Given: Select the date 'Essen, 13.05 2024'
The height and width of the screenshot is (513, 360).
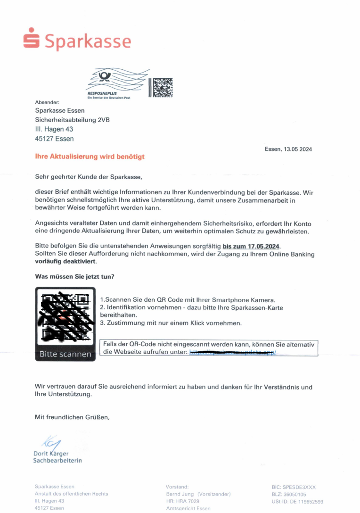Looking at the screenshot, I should (x=288, y=149).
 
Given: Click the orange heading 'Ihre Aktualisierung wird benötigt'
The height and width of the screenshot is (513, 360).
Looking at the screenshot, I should (x=90, y=157).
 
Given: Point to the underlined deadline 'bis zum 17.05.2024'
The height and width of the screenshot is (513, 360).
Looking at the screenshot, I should (x=251, y=246).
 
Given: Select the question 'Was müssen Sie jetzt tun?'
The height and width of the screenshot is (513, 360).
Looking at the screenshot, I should (x=74, y=277).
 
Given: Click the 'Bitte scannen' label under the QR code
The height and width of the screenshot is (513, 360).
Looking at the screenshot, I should (x=65, y=354).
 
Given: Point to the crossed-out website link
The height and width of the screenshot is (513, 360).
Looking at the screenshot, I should (x=232, y=352).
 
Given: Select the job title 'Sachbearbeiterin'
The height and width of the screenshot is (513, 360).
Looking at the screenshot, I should (x=57, y=461).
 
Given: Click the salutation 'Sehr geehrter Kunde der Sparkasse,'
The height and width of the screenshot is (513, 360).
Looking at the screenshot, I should (x=89, y=177).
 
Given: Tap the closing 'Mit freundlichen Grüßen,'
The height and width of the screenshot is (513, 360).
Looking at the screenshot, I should (x=72, y=417).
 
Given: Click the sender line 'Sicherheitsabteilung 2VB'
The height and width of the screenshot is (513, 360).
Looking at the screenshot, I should (x=72, y=120).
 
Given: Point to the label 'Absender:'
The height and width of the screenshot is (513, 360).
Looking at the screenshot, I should (x=47, y=102).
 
